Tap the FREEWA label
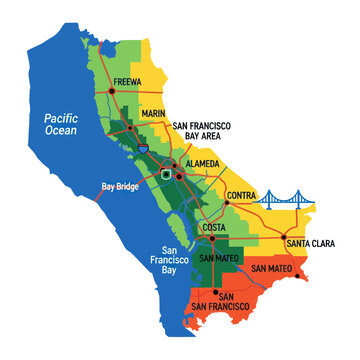click(132, 84)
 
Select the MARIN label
click(154, 114)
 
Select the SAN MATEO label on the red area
click(271, 269)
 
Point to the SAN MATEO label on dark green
click(220, 258)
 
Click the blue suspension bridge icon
click(288, 202)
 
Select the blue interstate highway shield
click(146, 147)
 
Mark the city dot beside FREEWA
click(113, 92)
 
